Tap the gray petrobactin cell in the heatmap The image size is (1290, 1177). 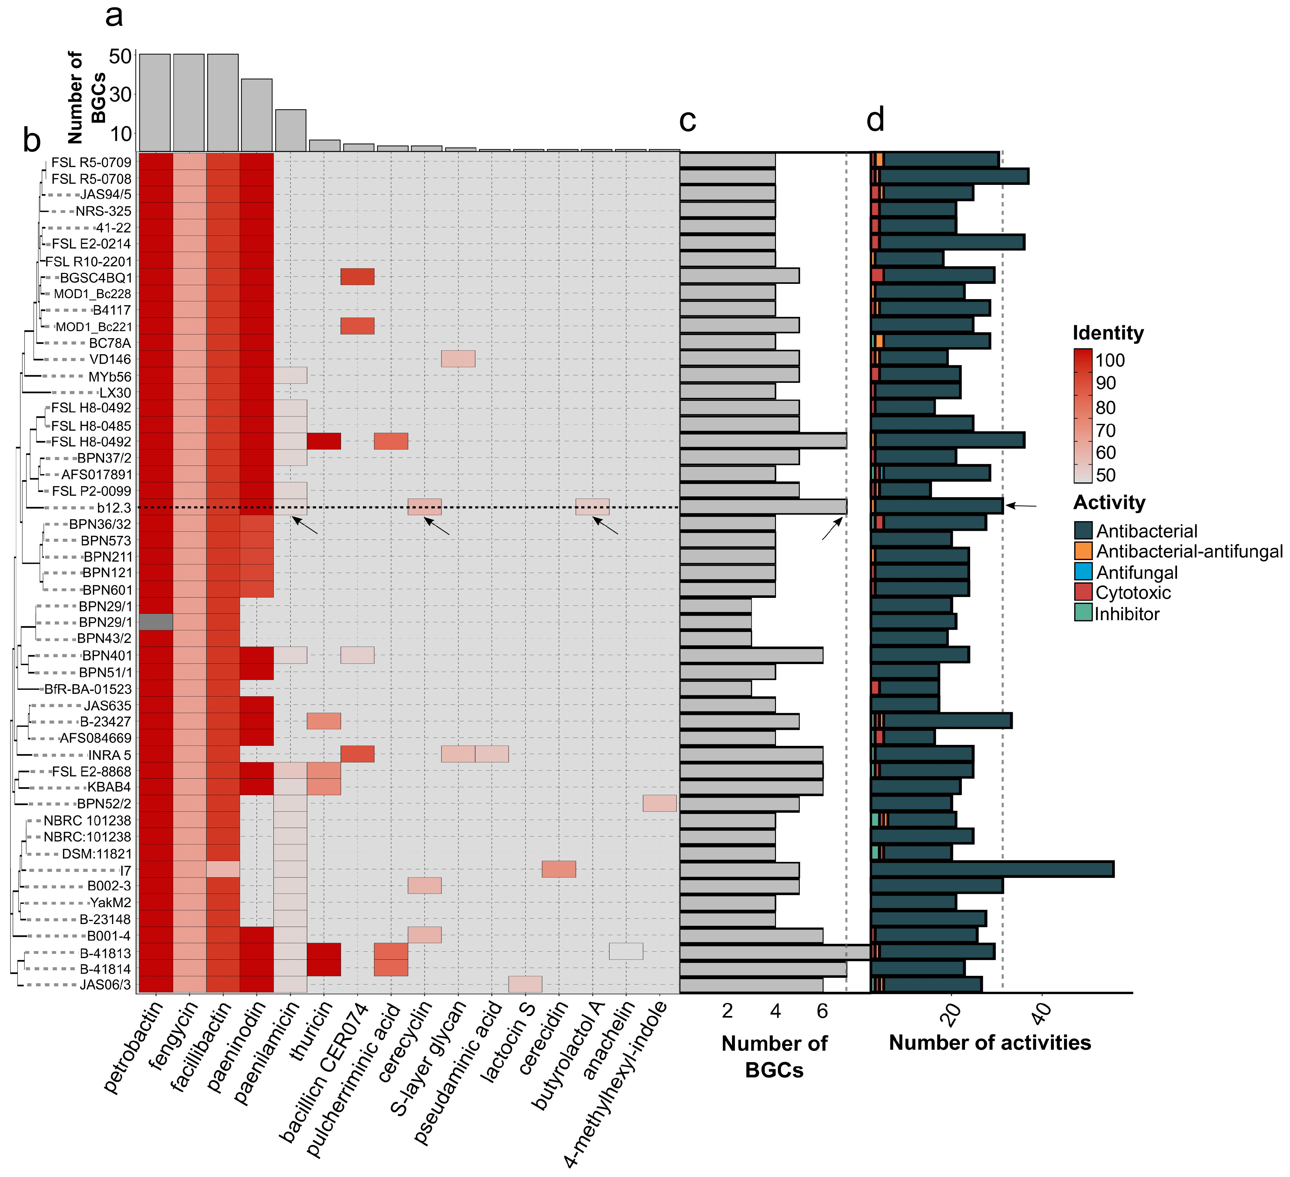pos(156,622)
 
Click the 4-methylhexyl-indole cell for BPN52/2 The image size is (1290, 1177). pos(660,803)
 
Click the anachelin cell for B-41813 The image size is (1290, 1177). pos(626,951)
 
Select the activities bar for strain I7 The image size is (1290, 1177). pos(992,869)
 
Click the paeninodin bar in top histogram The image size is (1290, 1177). pos(257,115)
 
